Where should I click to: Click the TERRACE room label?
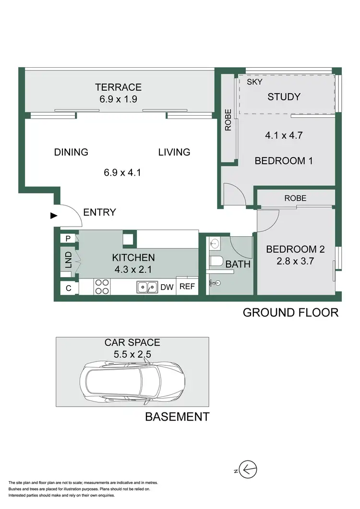pyautogui.click(x=118, y=87)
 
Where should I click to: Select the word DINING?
pyautogui.click(x=71, y=152)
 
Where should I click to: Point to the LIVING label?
pyautogui.click(x=174, y=152)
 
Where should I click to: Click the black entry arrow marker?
pyautogui.click(x=53, y=216)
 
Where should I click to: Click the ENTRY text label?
pyautogui.click(x=99, y=212)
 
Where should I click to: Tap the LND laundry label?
pyautogui.click(x=68, y=259)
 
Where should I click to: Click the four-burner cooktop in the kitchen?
pyautogui.click(x=101, y=287)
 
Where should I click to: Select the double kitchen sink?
pyautogui.click(x=147, y=287)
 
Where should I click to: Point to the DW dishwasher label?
pyautogui.click(x=167, y=287)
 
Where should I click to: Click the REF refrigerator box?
pyautogui.click(x=187, y=287)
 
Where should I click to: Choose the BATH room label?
pyautogui.click(x=238, y=264)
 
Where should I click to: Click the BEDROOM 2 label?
pyautogui.click(x=295, y=249)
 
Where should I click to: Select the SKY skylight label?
pyautogui.click(x=254, y=82)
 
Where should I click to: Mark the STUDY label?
pyautogui.click(x=284, y=97)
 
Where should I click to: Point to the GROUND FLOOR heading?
pyautogui.click(x=290, y=313)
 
